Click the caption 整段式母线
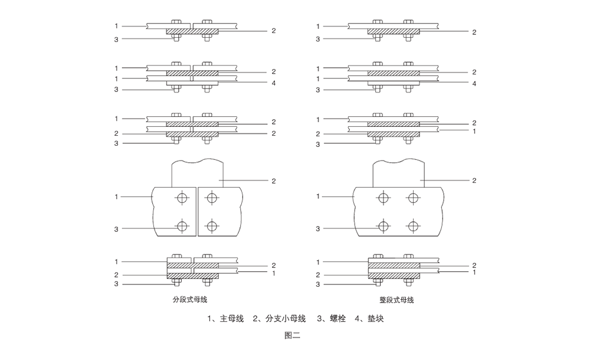(x=396, y=300)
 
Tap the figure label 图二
(x=293, y=336)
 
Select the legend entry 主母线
(x=231, y=319)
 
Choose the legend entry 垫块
(x=375, y=319)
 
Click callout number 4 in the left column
(x=273, y=83)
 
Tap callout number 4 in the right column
(x=474, y=83)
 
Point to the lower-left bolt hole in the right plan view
(x=383, y=225)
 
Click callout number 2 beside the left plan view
(x=273, y=181)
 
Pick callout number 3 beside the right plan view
(x=318, y=228)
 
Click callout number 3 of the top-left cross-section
(x=116, y=39)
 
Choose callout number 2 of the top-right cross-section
(x=474, y=32)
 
